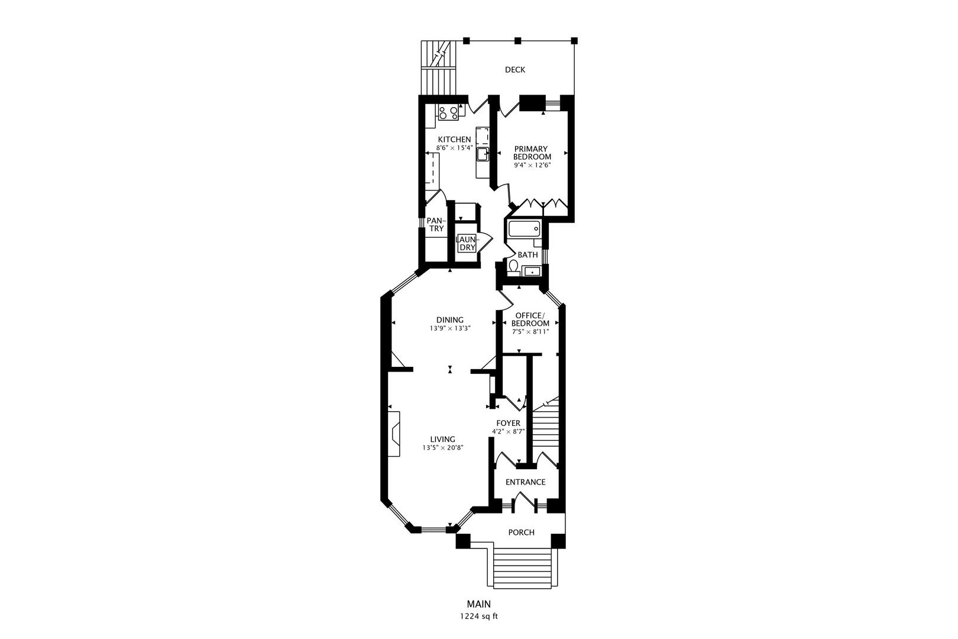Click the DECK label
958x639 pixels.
point(514,70)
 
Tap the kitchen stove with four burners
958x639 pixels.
point(448,112)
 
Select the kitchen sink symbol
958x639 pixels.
point(483,155)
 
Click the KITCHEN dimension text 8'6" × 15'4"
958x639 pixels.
point(454,148)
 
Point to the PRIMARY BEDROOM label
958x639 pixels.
point(532,153)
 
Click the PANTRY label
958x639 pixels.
point(436,225)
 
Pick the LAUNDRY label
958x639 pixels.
point(467,243)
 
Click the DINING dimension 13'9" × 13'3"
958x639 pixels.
point(450,328)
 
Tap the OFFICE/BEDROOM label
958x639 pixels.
point(530,319)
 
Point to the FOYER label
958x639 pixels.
point(508,423)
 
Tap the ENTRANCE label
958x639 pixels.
point(525,482)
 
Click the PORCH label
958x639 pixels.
point(521,532)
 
